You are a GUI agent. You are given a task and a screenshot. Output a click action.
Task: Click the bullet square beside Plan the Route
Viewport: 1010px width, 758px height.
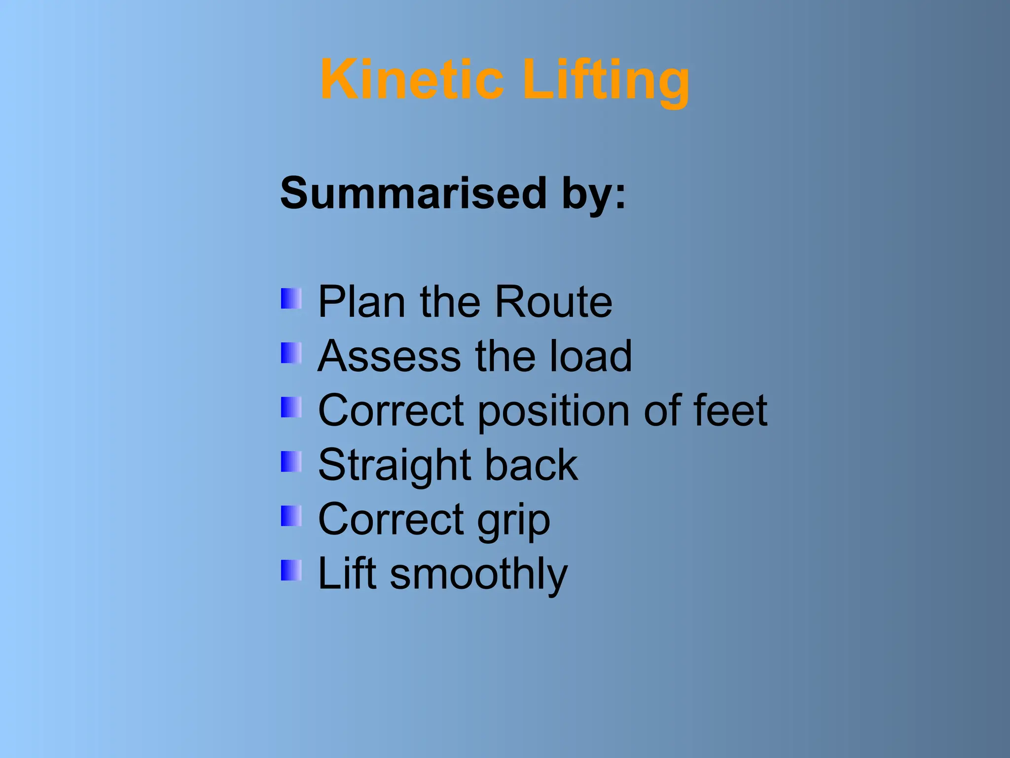(291, 299)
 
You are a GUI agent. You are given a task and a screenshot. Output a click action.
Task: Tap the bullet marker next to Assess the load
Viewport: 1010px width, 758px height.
(291, 353)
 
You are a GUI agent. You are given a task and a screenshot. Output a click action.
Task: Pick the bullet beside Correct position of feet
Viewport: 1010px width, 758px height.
(291, 408)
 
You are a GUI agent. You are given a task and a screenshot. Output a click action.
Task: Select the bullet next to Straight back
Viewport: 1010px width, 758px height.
(291, 462)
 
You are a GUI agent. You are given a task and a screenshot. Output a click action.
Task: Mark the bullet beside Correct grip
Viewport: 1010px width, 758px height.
(291, 516)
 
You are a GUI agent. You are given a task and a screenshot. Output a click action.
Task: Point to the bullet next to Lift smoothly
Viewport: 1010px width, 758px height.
(291, 570)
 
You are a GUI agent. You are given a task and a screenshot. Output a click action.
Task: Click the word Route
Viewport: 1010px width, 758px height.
(553, 302)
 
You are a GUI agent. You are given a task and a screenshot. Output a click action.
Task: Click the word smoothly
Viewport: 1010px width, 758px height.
(478, 574)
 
